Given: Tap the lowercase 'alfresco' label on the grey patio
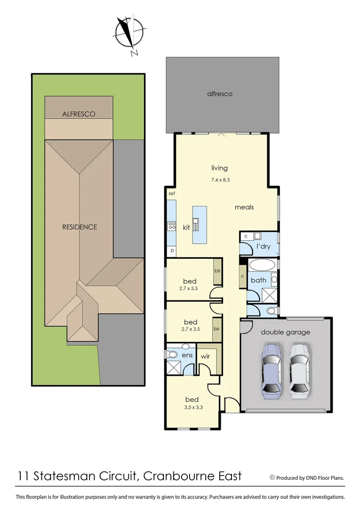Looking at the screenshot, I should [220, 94].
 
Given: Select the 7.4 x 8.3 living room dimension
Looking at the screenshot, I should [219, 180].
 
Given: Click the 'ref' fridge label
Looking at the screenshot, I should [171, 193].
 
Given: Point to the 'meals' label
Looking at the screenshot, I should [244, 207].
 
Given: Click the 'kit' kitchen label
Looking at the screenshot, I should [186, 227].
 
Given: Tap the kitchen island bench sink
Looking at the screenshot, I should [196, 221].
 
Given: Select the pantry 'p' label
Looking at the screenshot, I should [172, 251].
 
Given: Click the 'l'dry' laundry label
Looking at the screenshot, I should [262, 247].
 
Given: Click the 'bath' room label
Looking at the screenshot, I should [258, 280].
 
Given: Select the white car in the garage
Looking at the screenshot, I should [299, 368].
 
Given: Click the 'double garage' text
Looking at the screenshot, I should [286, 332].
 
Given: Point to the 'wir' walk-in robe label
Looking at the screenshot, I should [205, 356].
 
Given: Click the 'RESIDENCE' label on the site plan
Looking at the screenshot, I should [80, 227].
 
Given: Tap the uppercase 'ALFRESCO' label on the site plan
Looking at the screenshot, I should [79, 114].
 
